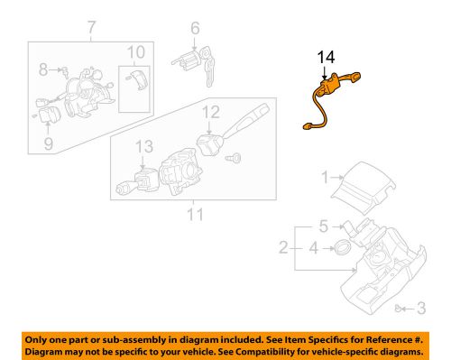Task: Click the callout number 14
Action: click(x=325, y=59)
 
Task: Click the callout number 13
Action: click(x=143, y=146)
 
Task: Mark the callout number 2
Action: click(x=283, y=245)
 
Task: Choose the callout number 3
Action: click(x=420, y=309)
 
